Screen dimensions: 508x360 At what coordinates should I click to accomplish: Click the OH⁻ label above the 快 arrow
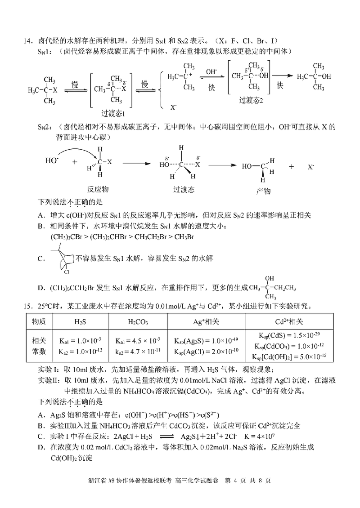(211, 72)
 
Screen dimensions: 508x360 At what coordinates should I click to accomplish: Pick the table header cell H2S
(82, 322)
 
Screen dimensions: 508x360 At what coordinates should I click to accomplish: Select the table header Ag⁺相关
(206, 322)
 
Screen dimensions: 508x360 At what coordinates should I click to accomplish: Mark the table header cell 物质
(39, 322)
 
